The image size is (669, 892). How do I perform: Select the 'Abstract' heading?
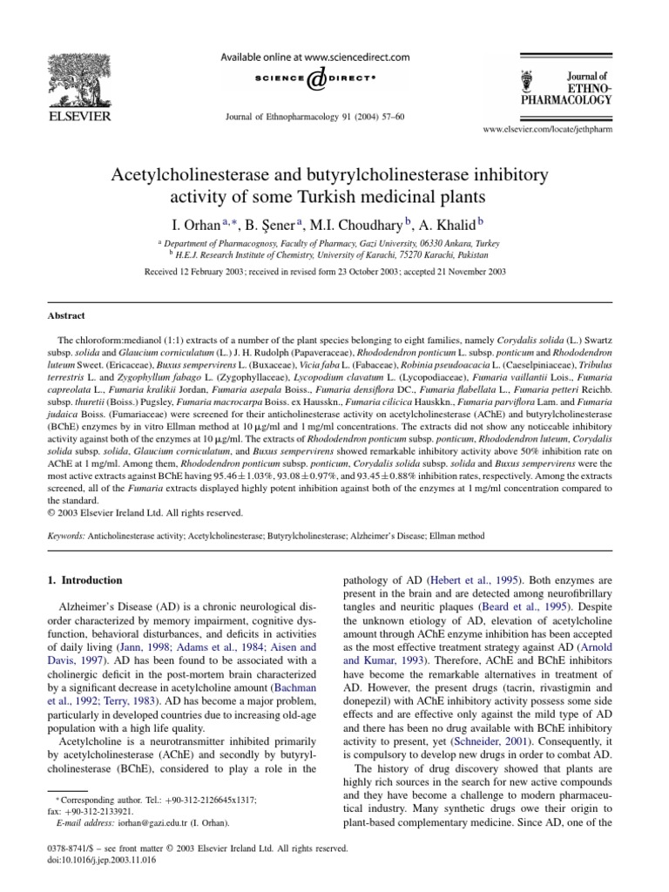[66, 316]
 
